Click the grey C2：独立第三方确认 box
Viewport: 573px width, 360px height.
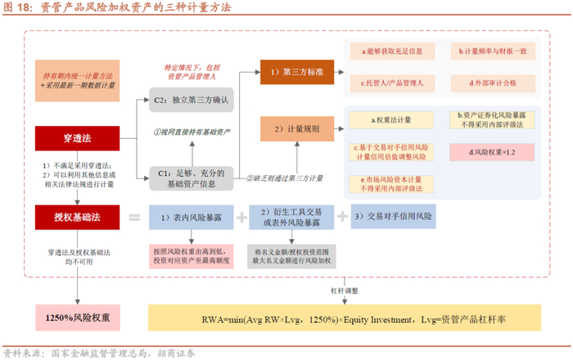pyautogui.click(x=191, y=101)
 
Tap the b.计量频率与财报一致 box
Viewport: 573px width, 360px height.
pyautogui.click(x=491, y=52)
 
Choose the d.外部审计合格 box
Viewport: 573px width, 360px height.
pyautogui.click(x=491, y=83)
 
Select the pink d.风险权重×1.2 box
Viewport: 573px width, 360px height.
pyautogui.click(x=491, y=151)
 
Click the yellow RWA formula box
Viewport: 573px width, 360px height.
pyautogui.click(x=344, y=317)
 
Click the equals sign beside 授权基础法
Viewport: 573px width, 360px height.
pyautogui.click(x=134, y=218)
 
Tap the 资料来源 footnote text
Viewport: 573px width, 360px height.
pyautogui.click(x=98, y=353)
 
